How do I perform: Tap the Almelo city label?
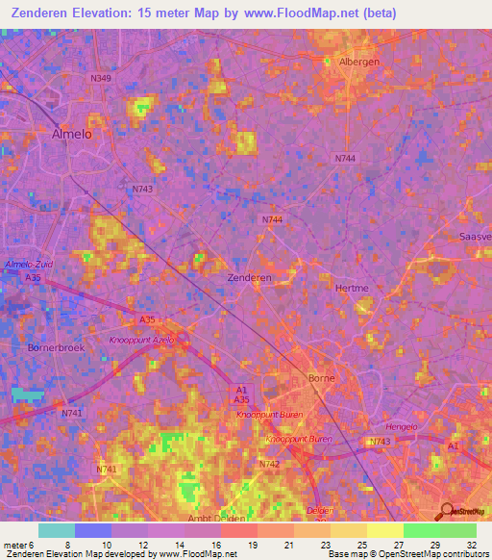pyautogui.click(x=71, y=136)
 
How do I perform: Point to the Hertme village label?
pyautogui.click(x=352, y=288)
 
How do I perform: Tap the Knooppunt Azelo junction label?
pyautogui.click(x=141, y=341)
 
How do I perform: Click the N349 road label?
pyautogui.click(x=101, y=77)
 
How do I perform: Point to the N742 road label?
pyautogui.click(x=269, y=464)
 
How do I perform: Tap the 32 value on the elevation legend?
pyautogui.click(x=469, y=545)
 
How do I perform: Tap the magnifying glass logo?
pyautogui.click(x=445, y=510)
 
